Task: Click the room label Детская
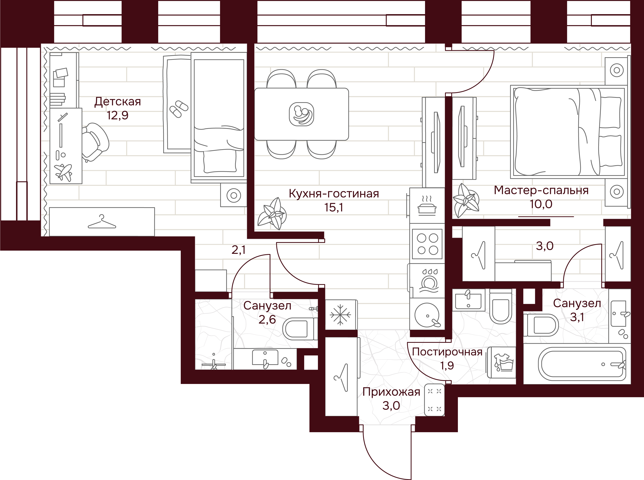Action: pos(117,102)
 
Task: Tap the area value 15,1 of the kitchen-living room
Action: pos(334,208)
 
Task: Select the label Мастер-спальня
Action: pos(541,190)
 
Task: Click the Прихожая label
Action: pos(391,392)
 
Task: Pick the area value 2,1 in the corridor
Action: pos(238,250)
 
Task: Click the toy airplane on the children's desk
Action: pos(63,173)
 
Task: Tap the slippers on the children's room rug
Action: pos(179,109)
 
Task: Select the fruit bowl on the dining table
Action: pos(301,114)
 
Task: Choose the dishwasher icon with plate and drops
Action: pos(428,281)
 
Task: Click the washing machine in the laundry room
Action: pos(501,362)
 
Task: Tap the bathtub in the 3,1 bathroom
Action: pos(582,364)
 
